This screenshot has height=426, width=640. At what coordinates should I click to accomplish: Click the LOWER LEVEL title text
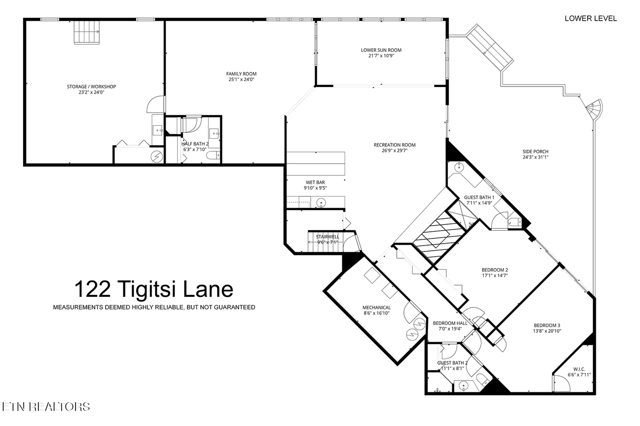(x=590, y=19)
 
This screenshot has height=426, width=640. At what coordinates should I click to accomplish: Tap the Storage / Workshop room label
(x=91, y=87)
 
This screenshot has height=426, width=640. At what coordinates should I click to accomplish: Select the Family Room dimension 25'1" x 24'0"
(x=241, y=80)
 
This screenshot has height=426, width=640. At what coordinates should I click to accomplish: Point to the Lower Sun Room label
(x=381, y=50)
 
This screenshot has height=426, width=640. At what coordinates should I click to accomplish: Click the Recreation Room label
(x=395, y=145)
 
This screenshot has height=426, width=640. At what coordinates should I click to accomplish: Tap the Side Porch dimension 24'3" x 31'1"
(x=535, y=157)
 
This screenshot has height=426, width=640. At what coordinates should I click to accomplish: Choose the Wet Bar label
(x=315, y=182)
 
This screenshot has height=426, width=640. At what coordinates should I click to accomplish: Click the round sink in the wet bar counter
(x=321, y=203)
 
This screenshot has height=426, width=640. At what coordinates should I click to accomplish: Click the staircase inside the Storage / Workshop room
(x=87, y=32)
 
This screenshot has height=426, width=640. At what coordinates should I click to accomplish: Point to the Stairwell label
(x=327, y=237)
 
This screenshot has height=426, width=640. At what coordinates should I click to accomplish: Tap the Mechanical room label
(x=376, y=307)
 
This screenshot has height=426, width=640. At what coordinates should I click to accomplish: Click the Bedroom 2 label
(x=495, y=270)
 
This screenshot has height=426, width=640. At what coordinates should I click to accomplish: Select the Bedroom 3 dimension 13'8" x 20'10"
(x=547, y=331)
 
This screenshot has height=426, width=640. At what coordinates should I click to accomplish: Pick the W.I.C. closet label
(x=579, y=369)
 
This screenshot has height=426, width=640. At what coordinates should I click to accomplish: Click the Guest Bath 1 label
(x=479, y=198)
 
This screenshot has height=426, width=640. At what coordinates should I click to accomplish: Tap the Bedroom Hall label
(x=450, y=323)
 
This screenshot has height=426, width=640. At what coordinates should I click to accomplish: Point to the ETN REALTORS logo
(x=46, y=407)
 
